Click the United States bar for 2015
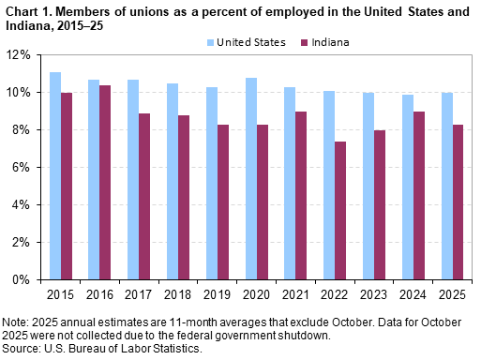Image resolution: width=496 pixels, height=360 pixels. click(x=56, y=175)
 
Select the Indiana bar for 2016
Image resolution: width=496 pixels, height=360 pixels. click(x=105, y=182)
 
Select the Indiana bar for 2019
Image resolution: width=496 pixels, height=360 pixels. click(x=222, y=202)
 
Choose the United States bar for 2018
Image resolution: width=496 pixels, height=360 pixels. click(x=173, y=181)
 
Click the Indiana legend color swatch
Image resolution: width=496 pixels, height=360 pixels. click(x=304, y=42)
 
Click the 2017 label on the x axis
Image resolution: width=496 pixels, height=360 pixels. click(x=139, y=293)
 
